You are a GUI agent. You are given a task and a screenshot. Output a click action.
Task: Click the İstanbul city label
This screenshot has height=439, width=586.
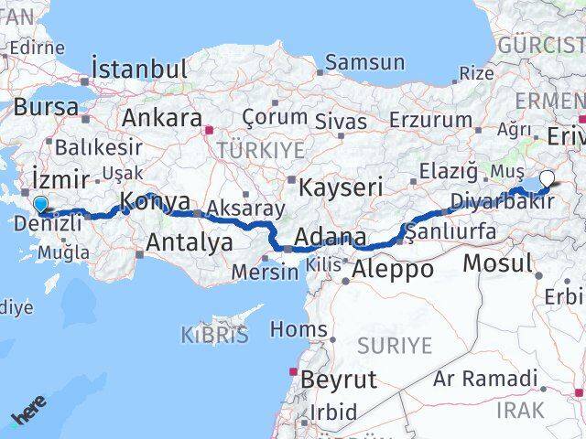pos(139,69)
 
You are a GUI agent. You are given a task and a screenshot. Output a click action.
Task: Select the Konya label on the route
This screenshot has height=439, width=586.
pos(156,202)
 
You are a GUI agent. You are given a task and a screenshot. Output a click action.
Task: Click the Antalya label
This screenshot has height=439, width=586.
pos(190,242)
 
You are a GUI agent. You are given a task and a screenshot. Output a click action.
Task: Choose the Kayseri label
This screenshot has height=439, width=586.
pos(342,187)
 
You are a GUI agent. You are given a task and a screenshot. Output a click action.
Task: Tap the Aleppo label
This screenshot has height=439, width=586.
pos(393,269)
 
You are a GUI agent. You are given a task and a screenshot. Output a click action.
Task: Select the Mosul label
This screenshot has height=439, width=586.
pos(497,263)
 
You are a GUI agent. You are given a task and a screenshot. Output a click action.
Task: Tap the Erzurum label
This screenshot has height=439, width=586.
pos(429,120)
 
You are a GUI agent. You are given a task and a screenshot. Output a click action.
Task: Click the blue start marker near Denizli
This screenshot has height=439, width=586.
pos(40,206)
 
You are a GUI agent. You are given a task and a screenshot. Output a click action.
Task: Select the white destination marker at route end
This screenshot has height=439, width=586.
pos(548,179)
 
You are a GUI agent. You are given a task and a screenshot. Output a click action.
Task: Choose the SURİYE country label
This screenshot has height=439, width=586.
pos(394,345)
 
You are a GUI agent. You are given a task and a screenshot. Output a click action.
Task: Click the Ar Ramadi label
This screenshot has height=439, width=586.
pos(485,378)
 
